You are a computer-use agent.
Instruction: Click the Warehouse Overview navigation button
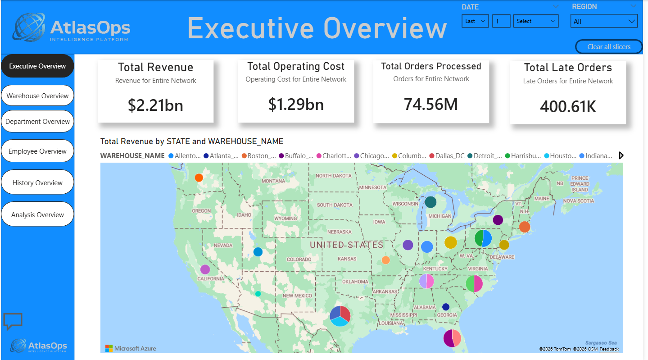37,96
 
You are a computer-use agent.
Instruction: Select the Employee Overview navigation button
37,151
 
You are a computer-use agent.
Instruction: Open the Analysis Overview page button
37,215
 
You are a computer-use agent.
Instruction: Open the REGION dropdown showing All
604,21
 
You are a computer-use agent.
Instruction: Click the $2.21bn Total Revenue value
155,105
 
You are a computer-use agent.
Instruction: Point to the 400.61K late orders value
568,106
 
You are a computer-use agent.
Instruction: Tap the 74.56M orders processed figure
431,104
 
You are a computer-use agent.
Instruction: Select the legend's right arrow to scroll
621,155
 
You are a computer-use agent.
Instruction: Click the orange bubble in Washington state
199,178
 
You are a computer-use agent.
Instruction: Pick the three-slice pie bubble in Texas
340,316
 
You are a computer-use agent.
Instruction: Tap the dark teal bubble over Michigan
430,202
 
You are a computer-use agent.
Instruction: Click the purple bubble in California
205,269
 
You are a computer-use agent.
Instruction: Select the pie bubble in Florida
452,338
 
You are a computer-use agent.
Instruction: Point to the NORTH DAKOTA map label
333,176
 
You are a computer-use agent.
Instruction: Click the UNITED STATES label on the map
346,245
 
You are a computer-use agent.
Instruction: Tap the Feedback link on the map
609,349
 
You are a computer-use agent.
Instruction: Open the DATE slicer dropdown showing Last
475,21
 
